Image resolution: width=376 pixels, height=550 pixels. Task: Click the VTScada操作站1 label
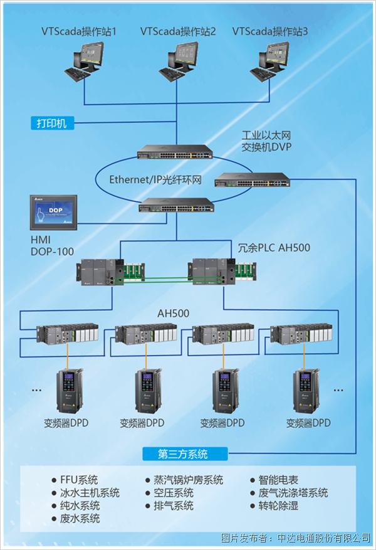pyautogui.click(x=80, y=31)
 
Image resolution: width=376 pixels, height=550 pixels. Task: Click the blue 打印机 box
pyautogui.click(x=52, y=123)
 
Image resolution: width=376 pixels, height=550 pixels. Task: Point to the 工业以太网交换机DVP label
pyautogui.click(x=267, y=141)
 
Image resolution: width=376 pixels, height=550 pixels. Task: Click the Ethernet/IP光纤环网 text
pyautogui.click(x=155, y=180)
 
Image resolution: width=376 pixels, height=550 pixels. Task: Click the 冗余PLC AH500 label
pyautogui.click(x=274, y=248)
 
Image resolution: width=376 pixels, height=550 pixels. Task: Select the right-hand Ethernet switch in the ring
pyautogui.click(x=253, y=181)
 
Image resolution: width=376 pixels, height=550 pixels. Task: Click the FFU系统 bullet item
pyautogui.click(x=79, y=480)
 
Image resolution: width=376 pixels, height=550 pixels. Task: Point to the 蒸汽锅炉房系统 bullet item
pyautogui.click(x=184, y=480)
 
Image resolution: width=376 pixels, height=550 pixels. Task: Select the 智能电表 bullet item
pyautogui.click(x=280, y=480)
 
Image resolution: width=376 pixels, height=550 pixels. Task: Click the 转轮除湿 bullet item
pyautogui.click(x=280, y=505)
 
